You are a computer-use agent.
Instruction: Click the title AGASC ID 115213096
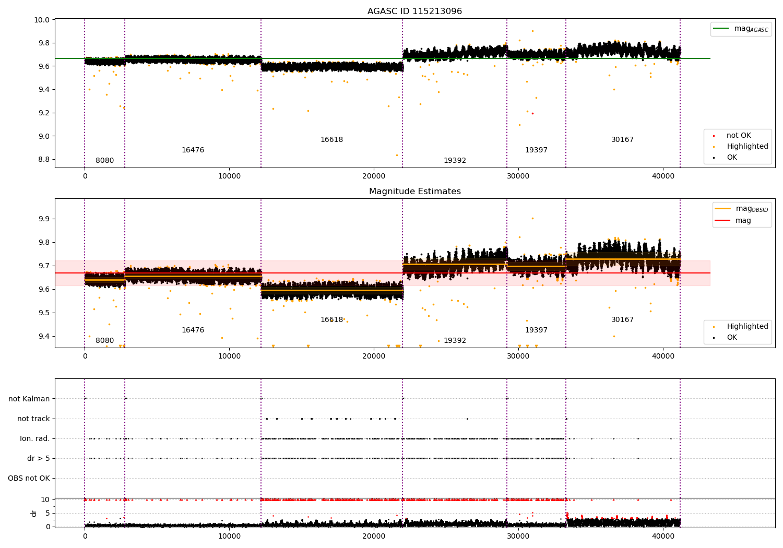point(414,11)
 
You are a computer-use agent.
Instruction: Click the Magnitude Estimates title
point(414,192)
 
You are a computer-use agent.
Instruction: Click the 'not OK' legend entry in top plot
point(738,136)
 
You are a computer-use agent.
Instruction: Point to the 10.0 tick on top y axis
point(42,20)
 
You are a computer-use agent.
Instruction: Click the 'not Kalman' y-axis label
point(29,399)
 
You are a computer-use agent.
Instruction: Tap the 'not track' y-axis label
point(33,419)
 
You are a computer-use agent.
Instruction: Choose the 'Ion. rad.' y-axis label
point(35,438)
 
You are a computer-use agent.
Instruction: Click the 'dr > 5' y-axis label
point(39,458)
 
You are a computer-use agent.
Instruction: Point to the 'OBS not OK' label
point(29,478)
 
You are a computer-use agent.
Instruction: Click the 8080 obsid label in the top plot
point(104,161)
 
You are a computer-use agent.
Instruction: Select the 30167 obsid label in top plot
point(622,140)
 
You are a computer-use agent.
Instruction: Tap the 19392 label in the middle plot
point(455,341)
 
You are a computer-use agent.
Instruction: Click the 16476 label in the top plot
point(193,150)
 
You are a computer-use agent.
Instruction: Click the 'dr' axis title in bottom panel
point(34,513)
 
